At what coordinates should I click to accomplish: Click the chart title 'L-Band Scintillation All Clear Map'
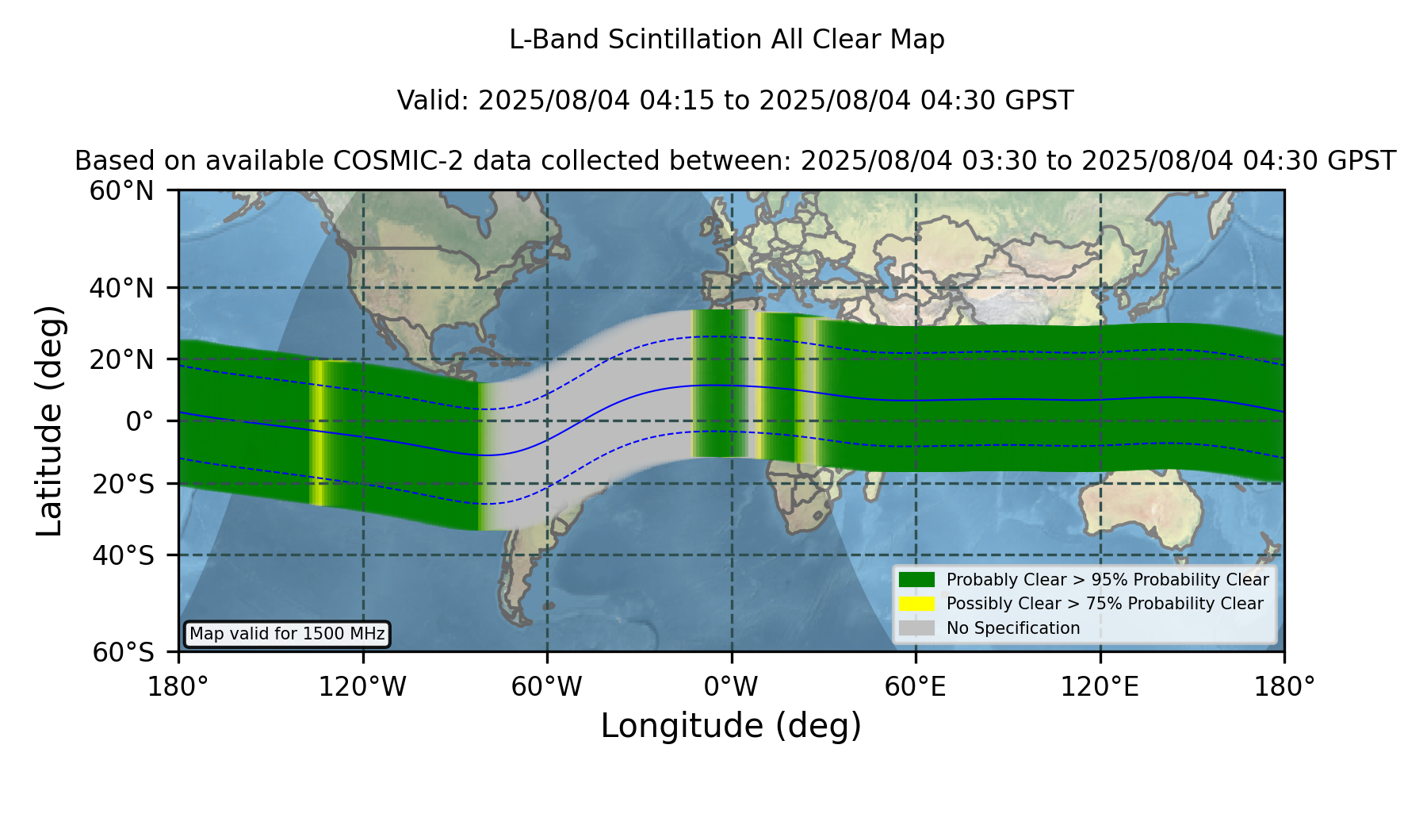pyautogui.click(x=726, y=40)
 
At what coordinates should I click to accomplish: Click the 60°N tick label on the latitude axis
pyautogui.click(x=121, y=191)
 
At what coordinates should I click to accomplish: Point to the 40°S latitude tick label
pyautogui.click(x=123, y=555)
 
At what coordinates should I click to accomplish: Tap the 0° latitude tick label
pyautogui.click(x=140, y=421)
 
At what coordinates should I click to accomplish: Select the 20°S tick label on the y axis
pyautogui.click(x=123, y=484)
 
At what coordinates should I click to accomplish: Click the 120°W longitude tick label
pyautogui.click(x=362, y=687)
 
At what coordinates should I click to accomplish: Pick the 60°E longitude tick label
pyautogui.click(x=916, y=687)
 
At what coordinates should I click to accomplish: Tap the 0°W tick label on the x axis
pyautogui.click(x=731, y=687)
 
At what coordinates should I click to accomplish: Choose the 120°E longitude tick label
pyautogui.click(x=1100, y=687)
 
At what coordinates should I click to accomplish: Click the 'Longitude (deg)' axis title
pyautogui.click(x=731, y=726)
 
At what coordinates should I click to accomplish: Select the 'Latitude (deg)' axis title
pyautogui.click(x=49, y=420)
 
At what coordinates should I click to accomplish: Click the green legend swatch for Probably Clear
pyautogui.click(x=916, y=579)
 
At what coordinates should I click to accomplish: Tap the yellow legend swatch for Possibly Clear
pyautogui.click(x=916, y=604)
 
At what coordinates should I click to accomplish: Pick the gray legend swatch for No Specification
pyautogui.click(x=916, y=628)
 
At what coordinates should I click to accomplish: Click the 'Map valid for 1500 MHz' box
pyautogui.click(x=287, y=634)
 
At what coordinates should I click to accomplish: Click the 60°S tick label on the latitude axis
pyautogui.click(x=123, y=652)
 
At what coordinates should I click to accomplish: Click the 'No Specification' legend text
pyautogui.click(x=1013, y=628)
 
